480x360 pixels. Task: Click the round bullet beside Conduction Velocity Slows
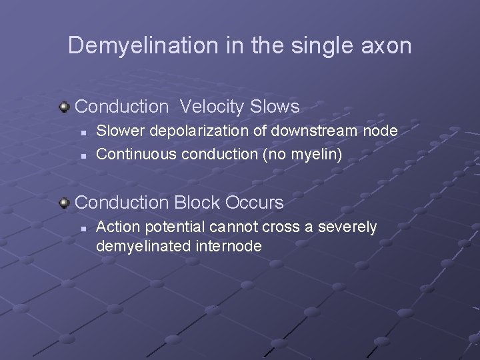point(65,106)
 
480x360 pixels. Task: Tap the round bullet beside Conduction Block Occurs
point(65,201)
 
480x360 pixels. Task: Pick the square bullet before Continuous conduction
point(82,155)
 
